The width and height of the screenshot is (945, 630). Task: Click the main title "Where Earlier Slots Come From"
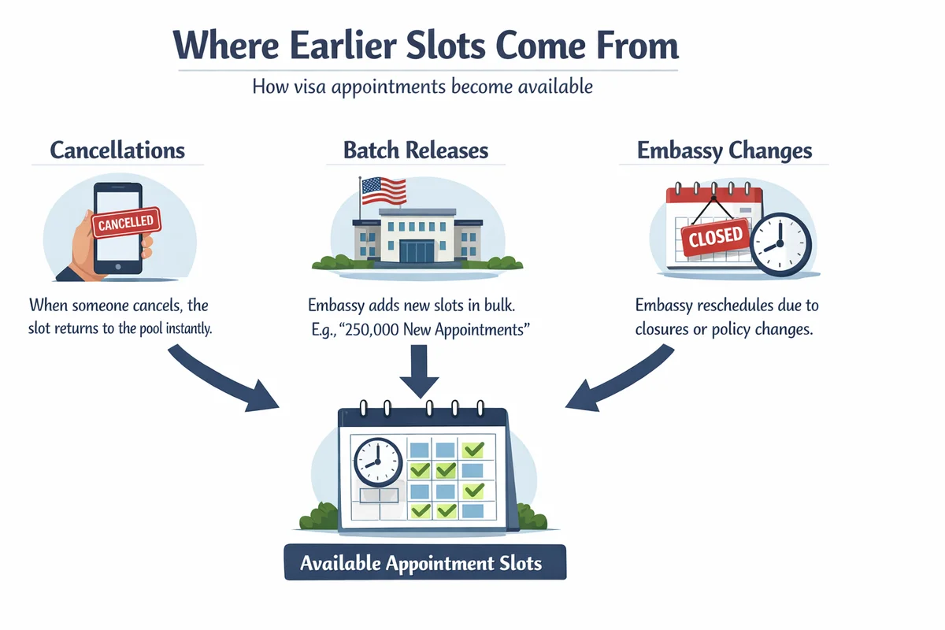425,46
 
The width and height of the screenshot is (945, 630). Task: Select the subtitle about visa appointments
422,87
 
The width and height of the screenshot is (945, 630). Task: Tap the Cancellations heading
117,150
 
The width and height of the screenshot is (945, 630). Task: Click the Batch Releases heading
416,150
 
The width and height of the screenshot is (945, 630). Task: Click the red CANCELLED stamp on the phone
126,222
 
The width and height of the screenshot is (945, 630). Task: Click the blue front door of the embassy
416,251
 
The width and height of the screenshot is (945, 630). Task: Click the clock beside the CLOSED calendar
780,245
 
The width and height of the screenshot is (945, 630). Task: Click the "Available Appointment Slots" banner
424,563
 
